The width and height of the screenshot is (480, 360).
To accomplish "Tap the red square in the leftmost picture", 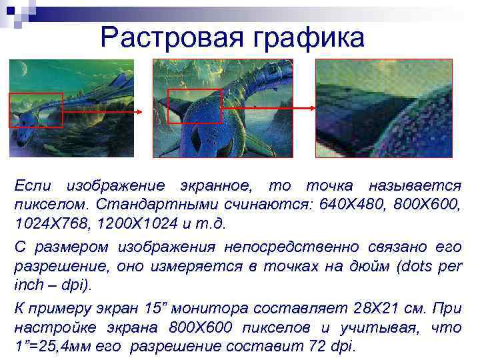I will (x=35, y=110).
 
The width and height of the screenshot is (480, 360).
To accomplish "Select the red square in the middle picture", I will (x=194, y=106).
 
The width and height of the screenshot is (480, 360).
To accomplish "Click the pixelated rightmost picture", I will (x=383, y=108).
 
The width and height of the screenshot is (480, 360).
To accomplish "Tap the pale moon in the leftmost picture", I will (x=24, y=67).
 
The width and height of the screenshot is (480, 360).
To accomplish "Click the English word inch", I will (x=27, y=285).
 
